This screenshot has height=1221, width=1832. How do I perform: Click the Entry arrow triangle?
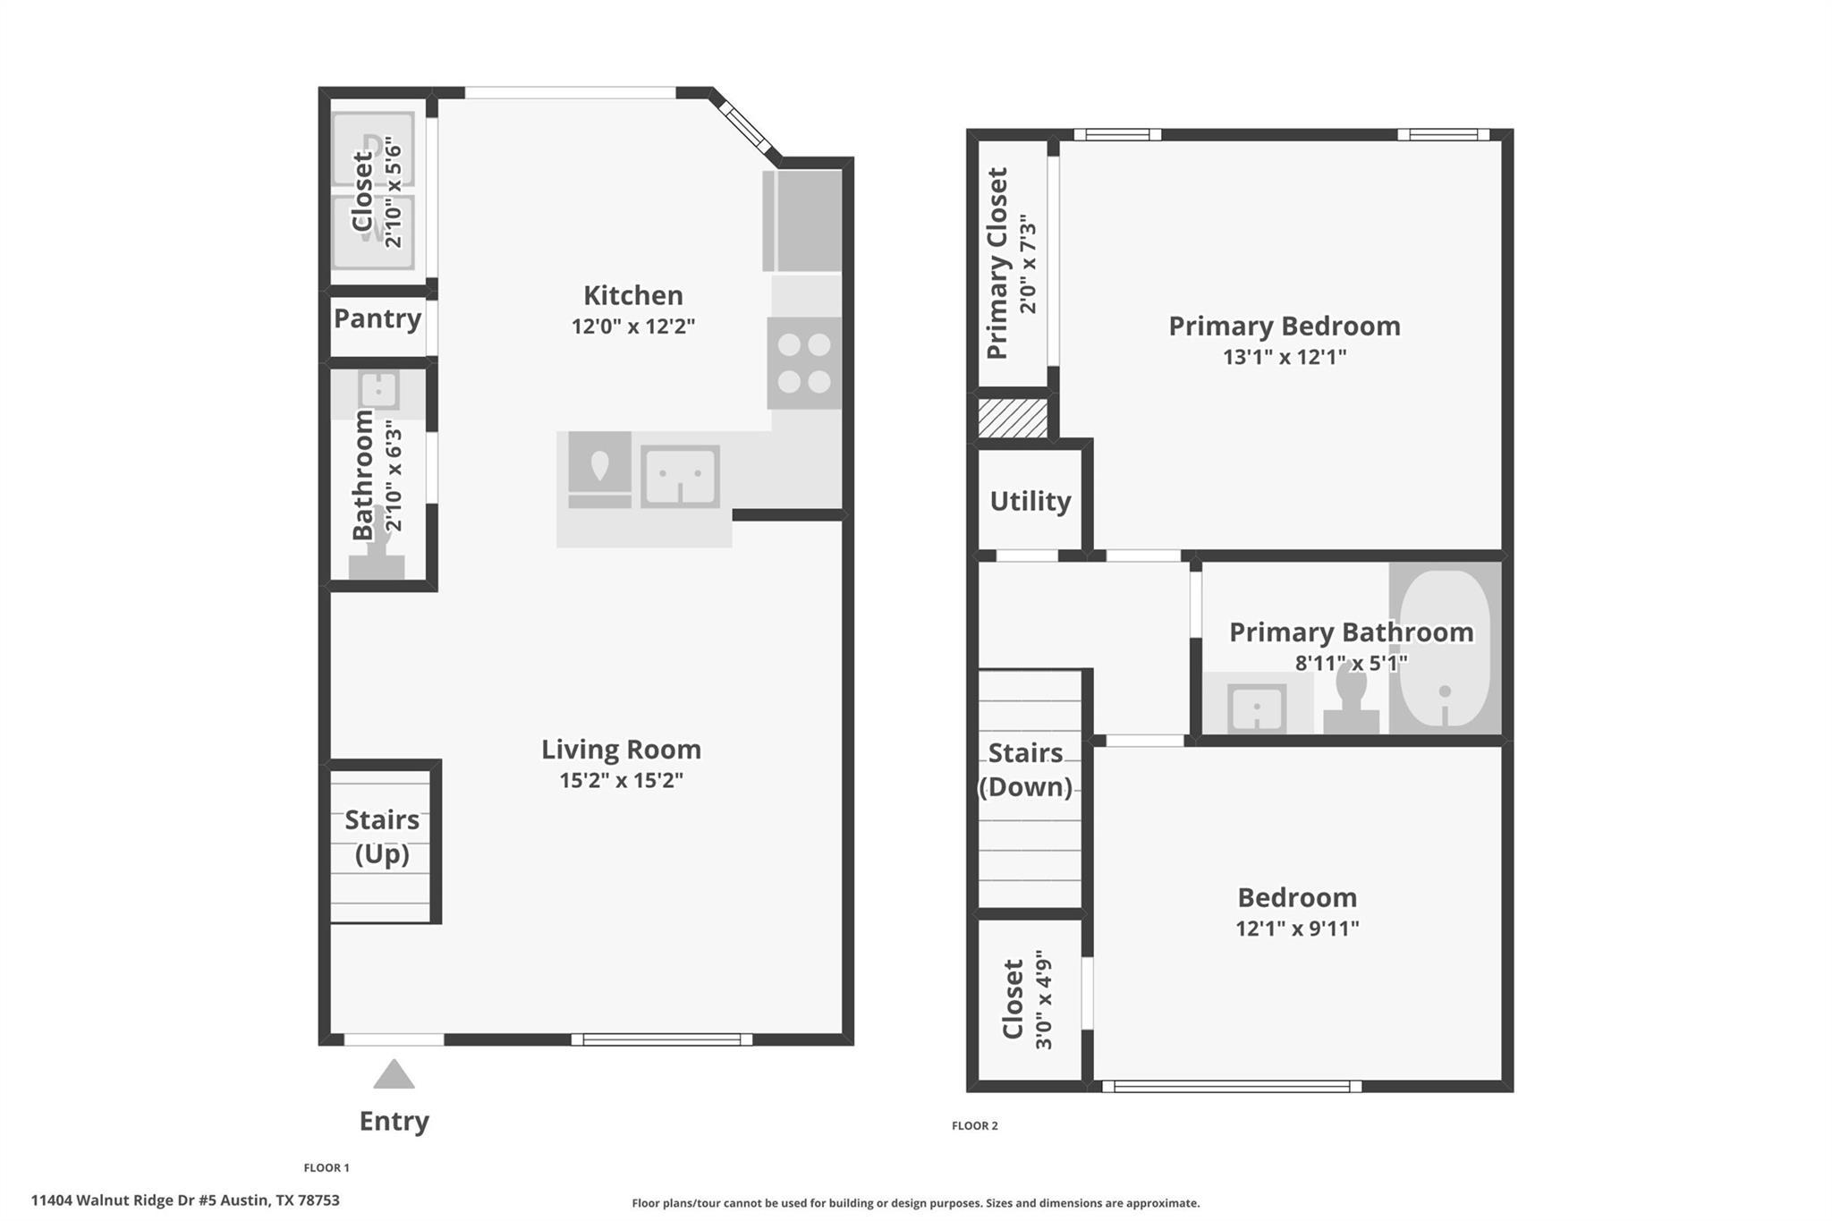[394, 1074]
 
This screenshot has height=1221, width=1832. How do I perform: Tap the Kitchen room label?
[633, 295]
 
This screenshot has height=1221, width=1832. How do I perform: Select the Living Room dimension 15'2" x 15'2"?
[622, 780]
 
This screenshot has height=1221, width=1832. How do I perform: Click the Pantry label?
[377, 318]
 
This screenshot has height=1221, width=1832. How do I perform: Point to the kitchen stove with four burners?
[804, 363]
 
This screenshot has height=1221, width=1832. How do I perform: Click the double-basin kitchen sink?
[680, 476]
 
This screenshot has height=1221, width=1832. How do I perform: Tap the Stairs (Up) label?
[382, 836]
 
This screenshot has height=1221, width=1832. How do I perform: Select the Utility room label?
[1030, 501]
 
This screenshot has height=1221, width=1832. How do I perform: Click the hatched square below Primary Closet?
[1013, 419]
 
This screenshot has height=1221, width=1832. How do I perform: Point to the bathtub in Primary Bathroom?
[1445, 649]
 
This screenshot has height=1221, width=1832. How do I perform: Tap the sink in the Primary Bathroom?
[1257, 708]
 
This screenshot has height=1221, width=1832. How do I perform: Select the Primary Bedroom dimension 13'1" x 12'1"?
[1285, 357]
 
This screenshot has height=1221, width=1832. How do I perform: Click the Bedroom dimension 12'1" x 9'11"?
[1297, 928]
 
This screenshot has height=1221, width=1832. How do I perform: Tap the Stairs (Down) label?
[1025, 769]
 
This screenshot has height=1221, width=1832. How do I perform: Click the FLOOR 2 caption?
[975, 1126]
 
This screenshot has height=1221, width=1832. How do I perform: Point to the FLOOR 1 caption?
[327, 1167]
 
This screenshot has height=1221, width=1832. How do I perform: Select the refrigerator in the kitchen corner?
[802, 220]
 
